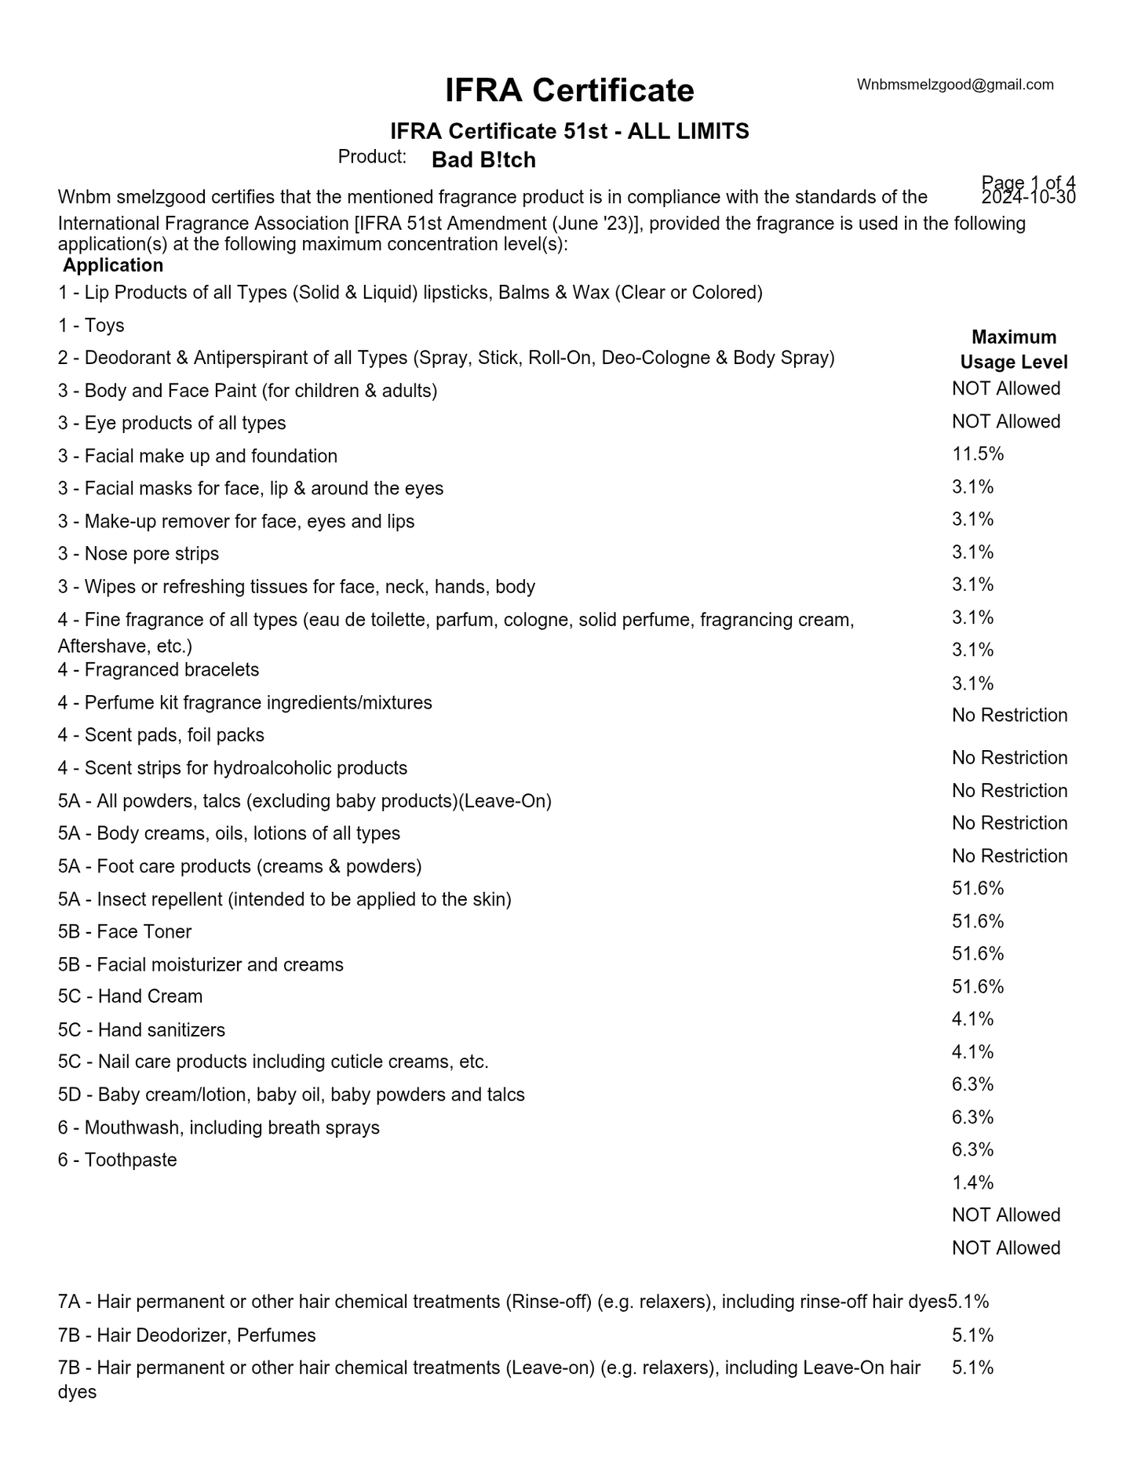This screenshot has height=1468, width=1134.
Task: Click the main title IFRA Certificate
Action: coord(569,91)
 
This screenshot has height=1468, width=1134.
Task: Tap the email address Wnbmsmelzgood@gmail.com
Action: coord(955,85)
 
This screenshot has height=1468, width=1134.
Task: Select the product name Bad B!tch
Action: coord(483,160)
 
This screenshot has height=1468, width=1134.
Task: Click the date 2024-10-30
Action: coord(1028,198)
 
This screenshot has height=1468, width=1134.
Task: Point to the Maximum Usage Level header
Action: coord(1013,350)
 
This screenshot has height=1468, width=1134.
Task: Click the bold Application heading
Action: coord(113,265)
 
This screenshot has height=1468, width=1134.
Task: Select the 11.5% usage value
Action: coord(978,454)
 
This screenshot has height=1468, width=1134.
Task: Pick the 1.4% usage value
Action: coord(972,1182)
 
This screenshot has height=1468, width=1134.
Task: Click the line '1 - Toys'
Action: coord(91,326)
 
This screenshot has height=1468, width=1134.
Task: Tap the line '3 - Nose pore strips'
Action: coord(138,554)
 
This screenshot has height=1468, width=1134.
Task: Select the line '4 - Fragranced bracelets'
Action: coord(158,670)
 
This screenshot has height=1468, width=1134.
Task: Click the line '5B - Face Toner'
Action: coord(125,932)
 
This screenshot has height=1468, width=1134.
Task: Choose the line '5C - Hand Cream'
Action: coord(130,996)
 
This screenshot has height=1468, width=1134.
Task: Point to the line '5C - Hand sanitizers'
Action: coord(141,1030)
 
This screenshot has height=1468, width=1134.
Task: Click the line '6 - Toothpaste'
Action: coord(117,1160)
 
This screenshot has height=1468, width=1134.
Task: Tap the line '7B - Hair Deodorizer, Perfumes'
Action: coord(187,1335)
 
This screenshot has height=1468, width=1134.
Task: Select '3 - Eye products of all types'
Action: coord(172,424)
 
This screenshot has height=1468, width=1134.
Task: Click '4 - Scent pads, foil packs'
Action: coord(161,735)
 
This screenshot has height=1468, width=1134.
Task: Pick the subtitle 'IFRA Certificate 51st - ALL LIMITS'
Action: coord(569,132)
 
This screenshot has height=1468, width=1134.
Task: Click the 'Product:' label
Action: coord(372,157)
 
